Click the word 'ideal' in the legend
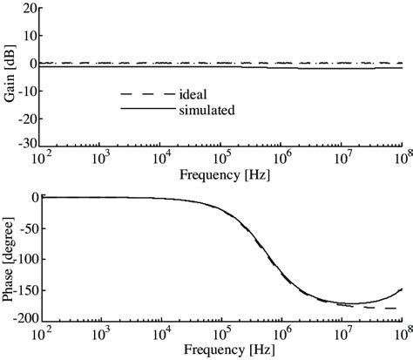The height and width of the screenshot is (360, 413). [193, 92]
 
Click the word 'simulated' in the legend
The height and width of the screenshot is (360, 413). [206, 110]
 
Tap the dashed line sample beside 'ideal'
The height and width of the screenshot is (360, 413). [142, 92]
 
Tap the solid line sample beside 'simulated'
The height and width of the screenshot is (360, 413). [142, 110]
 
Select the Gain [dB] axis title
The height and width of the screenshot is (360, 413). [9, 76]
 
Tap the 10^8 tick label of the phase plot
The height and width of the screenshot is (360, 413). [401, 336]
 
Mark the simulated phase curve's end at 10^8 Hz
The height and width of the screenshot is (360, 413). [402, 289]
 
